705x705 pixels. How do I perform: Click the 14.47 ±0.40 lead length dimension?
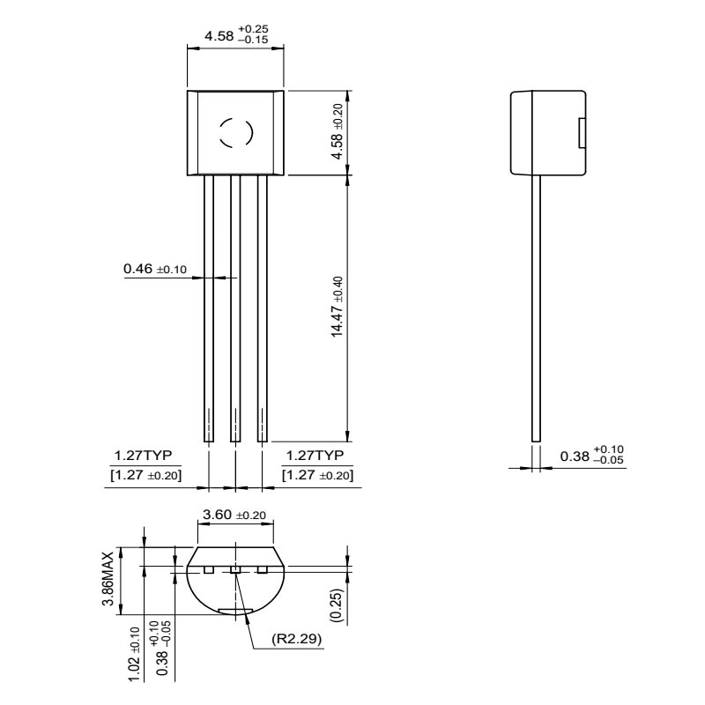click(338, 307)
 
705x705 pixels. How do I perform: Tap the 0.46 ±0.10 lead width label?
click(155, 269)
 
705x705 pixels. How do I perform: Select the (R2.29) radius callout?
click(297, 638)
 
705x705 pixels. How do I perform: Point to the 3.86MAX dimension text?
click(108, 578)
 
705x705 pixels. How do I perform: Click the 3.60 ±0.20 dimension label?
click(234, 515)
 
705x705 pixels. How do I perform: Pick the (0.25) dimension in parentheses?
click(337, 605)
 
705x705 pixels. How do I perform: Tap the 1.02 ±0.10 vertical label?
click(135, 654)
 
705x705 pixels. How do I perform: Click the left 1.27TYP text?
click(143, 456)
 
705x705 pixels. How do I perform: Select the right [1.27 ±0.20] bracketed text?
click(317, 475)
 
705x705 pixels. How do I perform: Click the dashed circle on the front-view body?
click(236, 133)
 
